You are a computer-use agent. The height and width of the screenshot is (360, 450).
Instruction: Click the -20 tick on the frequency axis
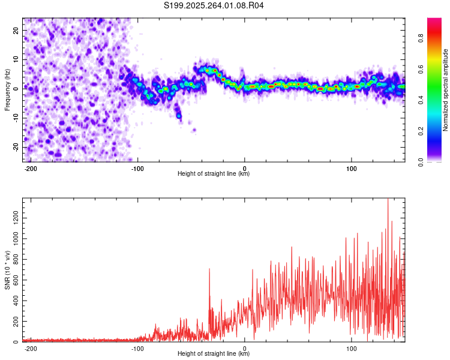pos(16,147)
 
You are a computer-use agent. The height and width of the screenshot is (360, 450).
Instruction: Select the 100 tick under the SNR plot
pos(350,348)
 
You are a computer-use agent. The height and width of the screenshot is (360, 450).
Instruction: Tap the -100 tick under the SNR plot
pos(137,348)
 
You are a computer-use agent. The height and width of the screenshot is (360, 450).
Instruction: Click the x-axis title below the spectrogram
pos(214,174)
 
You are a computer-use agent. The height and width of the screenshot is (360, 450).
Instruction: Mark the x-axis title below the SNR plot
pos(214,354)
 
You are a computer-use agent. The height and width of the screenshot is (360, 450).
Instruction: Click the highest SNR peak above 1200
pos(388,200)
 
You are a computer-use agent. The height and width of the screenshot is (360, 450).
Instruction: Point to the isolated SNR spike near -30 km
pos(209,269)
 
